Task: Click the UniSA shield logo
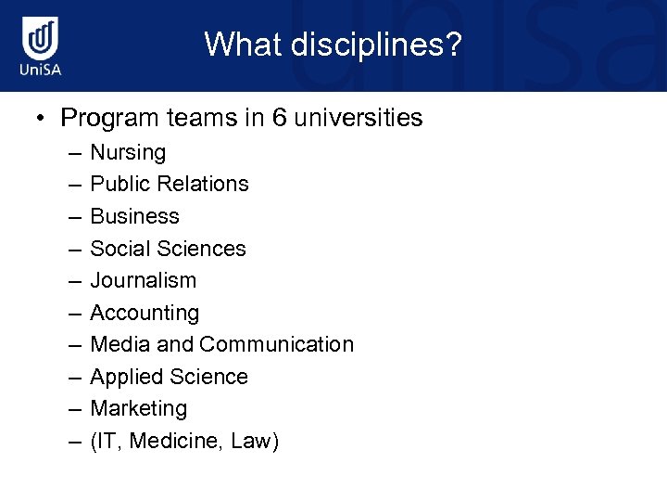[x=42, y=38]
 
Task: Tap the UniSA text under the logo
[x=42, y=71]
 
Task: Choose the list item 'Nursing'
[x=128, y=152]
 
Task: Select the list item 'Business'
[x=134, y=216]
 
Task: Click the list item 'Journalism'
[x=143, y=280]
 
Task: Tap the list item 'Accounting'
[x=145, y=313]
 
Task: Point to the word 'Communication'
[x=276, y=344]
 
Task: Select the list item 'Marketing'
[x=138, y=408]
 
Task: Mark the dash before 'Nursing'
[x=73, y=152]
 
